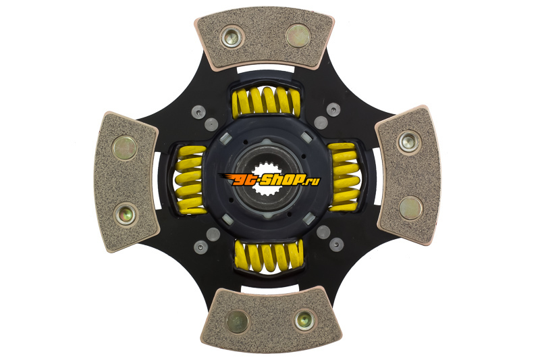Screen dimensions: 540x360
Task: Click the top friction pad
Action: pyautogui.click(x=264, y=37)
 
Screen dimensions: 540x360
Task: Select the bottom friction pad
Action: pyautogui.click(x=271, y=319)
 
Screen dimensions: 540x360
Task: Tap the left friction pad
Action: pyautogui.click(x=126, y=182)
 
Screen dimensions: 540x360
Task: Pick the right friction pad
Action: pyautogui.click(x=408, y=176)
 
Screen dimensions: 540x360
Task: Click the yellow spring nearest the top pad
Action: pyautogui.click(x=266, y=101)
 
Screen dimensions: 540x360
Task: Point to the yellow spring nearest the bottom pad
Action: pyautogui.click(x=269, y=255)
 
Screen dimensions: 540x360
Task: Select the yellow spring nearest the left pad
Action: pyautogui.click(x=190, y=179)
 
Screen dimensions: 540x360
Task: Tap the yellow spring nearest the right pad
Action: pyautogui.click(x=344, y=176)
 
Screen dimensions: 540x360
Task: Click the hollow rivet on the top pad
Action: pyautogui.click(x=232, y=37)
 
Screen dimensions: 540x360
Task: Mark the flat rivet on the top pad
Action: pyautogui.click(x=298, y=36)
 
